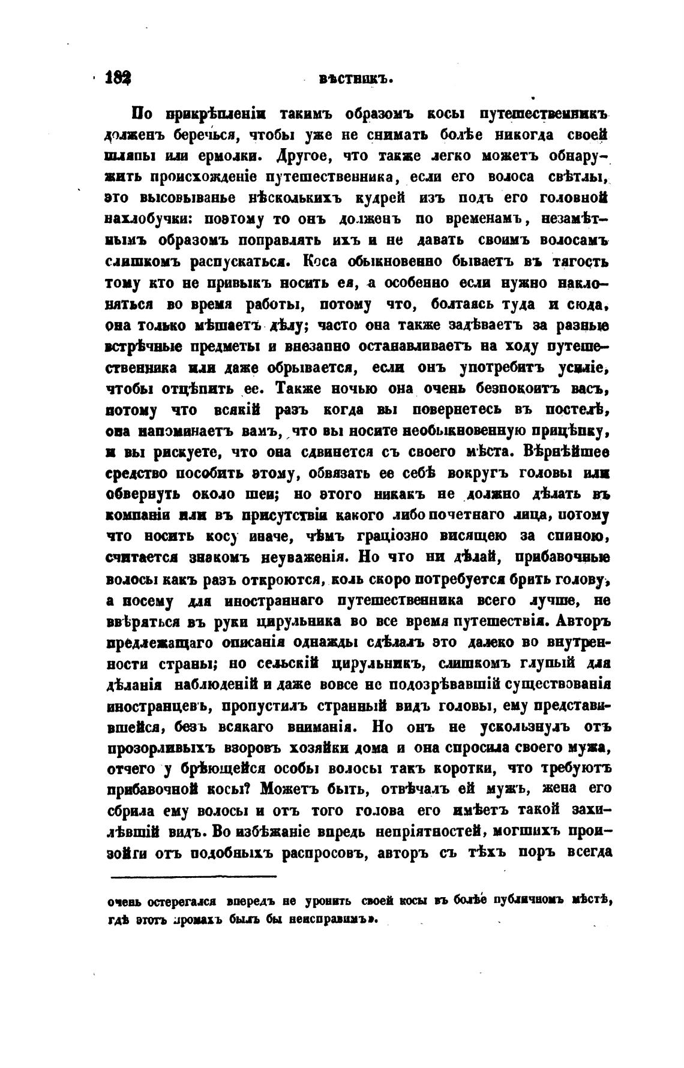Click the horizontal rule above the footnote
point(194,877)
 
